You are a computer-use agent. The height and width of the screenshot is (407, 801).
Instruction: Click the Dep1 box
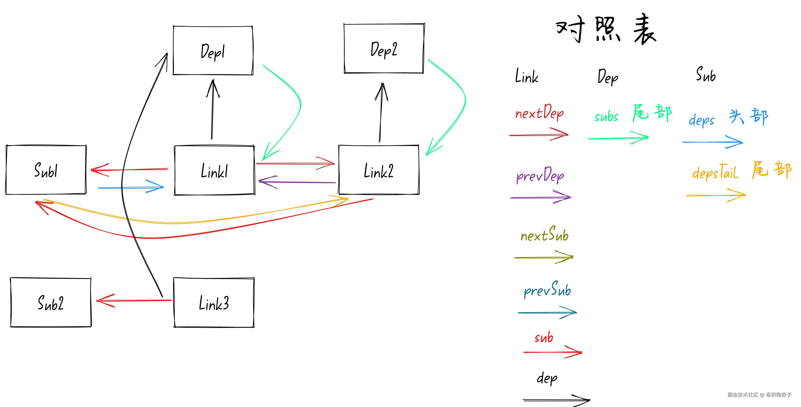pyautogui.click(x=213, y=51)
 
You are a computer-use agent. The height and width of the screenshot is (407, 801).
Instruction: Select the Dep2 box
pyautogui.click(x=384, y=49)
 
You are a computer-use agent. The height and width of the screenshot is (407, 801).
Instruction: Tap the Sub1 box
pyautogui.click(x=46, y=170)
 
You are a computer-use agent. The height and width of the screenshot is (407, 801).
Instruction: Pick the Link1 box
pyautogui.click(x=215, y=171)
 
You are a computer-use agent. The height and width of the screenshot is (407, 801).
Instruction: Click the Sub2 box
pyautogui.click(x=51, y=303)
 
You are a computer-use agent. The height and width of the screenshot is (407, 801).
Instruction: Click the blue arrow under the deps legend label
pyautogui.click(x=712, y=142)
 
